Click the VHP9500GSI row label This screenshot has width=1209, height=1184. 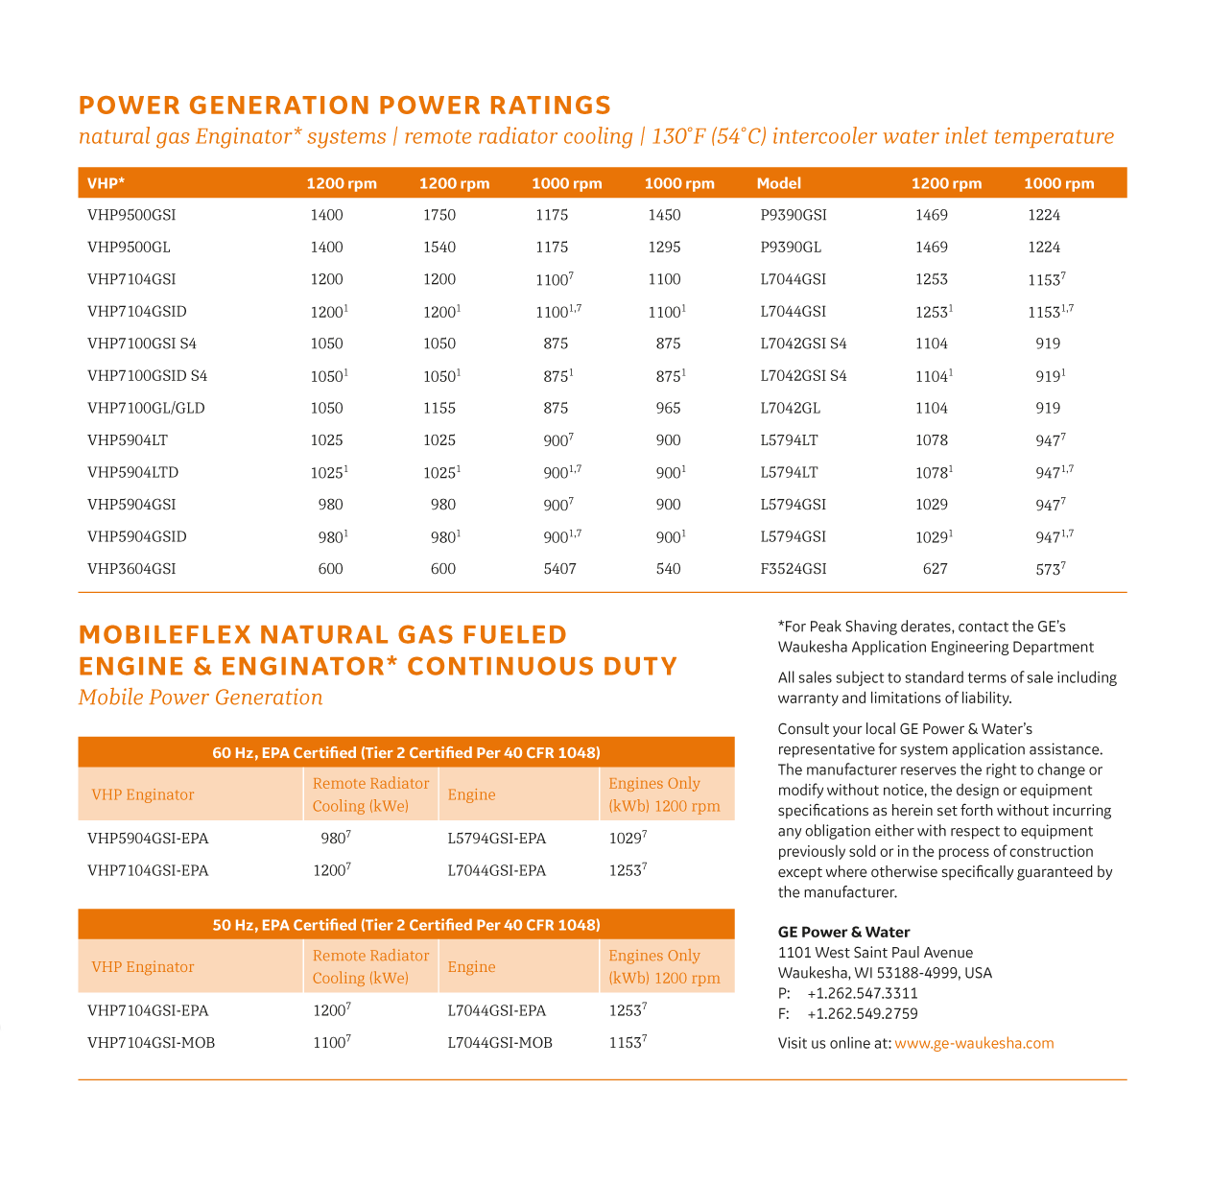tap(131, 215)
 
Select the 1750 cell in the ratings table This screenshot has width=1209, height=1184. tap(439, 215)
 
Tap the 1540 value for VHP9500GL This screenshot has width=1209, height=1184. tap(439, 248)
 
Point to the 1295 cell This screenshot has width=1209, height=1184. tap(664, 248)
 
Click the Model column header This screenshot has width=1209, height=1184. tap(778, 183)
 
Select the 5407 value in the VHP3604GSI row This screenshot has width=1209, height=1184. tap(559, 569)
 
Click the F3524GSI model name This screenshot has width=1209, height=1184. tap(793, 569)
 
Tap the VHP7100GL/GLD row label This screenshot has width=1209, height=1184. tap(146, 408)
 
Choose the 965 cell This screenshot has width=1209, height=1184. tap(668, 408)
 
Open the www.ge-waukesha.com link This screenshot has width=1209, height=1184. tap(974, 1043)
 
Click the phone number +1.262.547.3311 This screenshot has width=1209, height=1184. tap(863, 993)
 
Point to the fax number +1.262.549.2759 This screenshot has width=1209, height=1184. tap(863, 1013)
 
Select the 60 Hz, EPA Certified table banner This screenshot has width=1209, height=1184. tap(406, 752)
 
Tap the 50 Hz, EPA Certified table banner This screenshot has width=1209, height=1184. tap(406, 925)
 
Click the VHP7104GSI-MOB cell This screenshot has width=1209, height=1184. tap(151, 1043)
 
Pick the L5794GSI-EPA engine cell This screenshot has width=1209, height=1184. tap(496, 839)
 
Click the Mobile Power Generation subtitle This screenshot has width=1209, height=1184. tap(201, 698)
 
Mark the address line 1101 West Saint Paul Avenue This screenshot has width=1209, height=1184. tap(875, 953)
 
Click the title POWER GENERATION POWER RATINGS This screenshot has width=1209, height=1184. tap(344, 105)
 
